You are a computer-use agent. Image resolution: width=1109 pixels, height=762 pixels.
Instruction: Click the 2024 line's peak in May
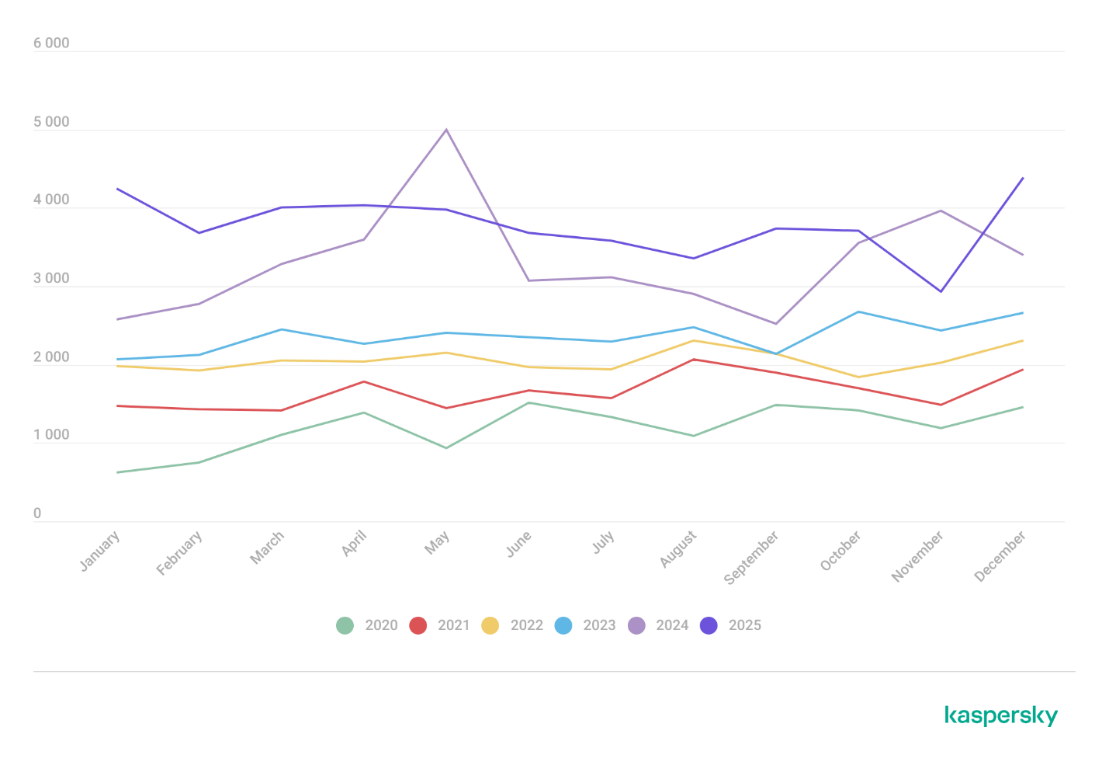446,130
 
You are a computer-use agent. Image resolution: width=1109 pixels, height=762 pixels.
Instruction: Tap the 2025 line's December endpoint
1023,178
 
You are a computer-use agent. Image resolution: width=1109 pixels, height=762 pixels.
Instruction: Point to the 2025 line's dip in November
941,291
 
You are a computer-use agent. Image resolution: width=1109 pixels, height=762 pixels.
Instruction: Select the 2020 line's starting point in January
117,471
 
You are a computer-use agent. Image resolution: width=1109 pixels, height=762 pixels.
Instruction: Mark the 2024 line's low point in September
775,324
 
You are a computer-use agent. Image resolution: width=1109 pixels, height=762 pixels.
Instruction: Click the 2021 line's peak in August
693,360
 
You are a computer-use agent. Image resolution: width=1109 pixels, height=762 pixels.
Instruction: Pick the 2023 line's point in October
858,311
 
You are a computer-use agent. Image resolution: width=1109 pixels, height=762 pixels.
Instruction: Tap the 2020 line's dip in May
446,447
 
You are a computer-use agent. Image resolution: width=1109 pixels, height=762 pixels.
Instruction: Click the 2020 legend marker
345,625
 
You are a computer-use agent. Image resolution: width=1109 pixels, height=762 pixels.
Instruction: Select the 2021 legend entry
440,625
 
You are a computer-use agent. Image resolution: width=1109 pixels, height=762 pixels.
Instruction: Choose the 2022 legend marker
490,625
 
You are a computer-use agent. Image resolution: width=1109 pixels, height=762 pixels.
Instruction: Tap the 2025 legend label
744,625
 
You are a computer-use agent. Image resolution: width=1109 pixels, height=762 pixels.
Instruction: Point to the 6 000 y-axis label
51,43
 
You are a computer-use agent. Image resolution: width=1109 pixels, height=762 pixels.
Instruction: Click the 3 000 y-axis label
51,279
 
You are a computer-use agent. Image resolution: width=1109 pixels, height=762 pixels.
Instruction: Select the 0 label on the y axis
37,513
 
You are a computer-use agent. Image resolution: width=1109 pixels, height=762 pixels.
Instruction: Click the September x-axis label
751,558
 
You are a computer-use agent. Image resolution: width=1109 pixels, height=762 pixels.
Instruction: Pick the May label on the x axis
437,543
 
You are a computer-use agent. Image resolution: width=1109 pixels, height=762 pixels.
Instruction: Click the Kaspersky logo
1001,715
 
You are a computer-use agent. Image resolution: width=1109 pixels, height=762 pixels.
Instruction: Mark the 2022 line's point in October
858,378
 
